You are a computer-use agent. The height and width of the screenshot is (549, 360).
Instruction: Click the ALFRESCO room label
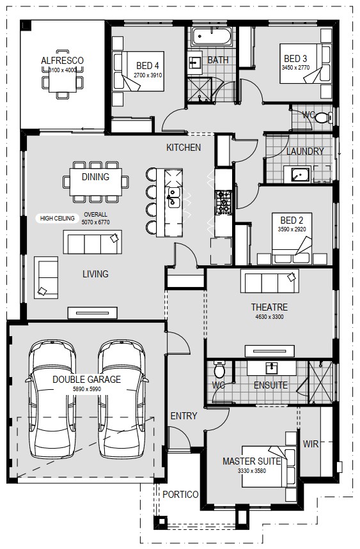coord(62,61)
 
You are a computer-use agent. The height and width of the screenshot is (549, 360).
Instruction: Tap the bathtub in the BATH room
coord(212,36)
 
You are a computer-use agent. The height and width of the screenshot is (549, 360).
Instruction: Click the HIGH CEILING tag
coord(57,218)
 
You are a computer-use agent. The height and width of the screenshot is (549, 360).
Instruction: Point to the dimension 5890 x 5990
coord(87,389)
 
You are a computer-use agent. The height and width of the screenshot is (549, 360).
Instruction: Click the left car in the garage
coord(52,399)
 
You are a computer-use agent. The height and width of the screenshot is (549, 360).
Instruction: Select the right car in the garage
coord(122,399)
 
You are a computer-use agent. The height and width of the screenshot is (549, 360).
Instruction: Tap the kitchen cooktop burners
coord(223,203)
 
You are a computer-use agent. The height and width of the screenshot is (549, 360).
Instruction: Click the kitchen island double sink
coord(174,197)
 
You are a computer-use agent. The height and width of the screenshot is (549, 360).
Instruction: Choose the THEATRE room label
coord(269,307)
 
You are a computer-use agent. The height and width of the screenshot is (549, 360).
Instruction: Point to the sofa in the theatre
coord(270,281)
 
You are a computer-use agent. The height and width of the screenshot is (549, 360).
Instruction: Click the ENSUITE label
coord(270,385)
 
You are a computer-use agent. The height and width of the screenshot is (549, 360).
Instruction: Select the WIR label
coord(311,444)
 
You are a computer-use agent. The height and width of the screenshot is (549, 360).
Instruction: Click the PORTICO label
coord(180,495)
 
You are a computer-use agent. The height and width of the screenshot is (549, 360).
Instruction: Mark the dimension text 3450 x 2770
coord(295,68)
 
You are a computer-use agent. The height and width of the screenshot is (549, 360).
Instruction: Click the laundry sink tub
coord(297,174)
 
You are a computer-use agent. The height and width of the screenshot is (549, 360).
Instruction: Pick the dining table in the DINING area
coord(96,182)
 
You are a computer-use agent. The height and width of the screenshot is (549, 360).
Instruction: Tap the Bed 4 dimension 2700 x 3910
coord(148,75)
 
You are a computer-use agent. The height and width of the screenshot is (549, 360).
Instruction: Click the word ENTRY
coord(184,416)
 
